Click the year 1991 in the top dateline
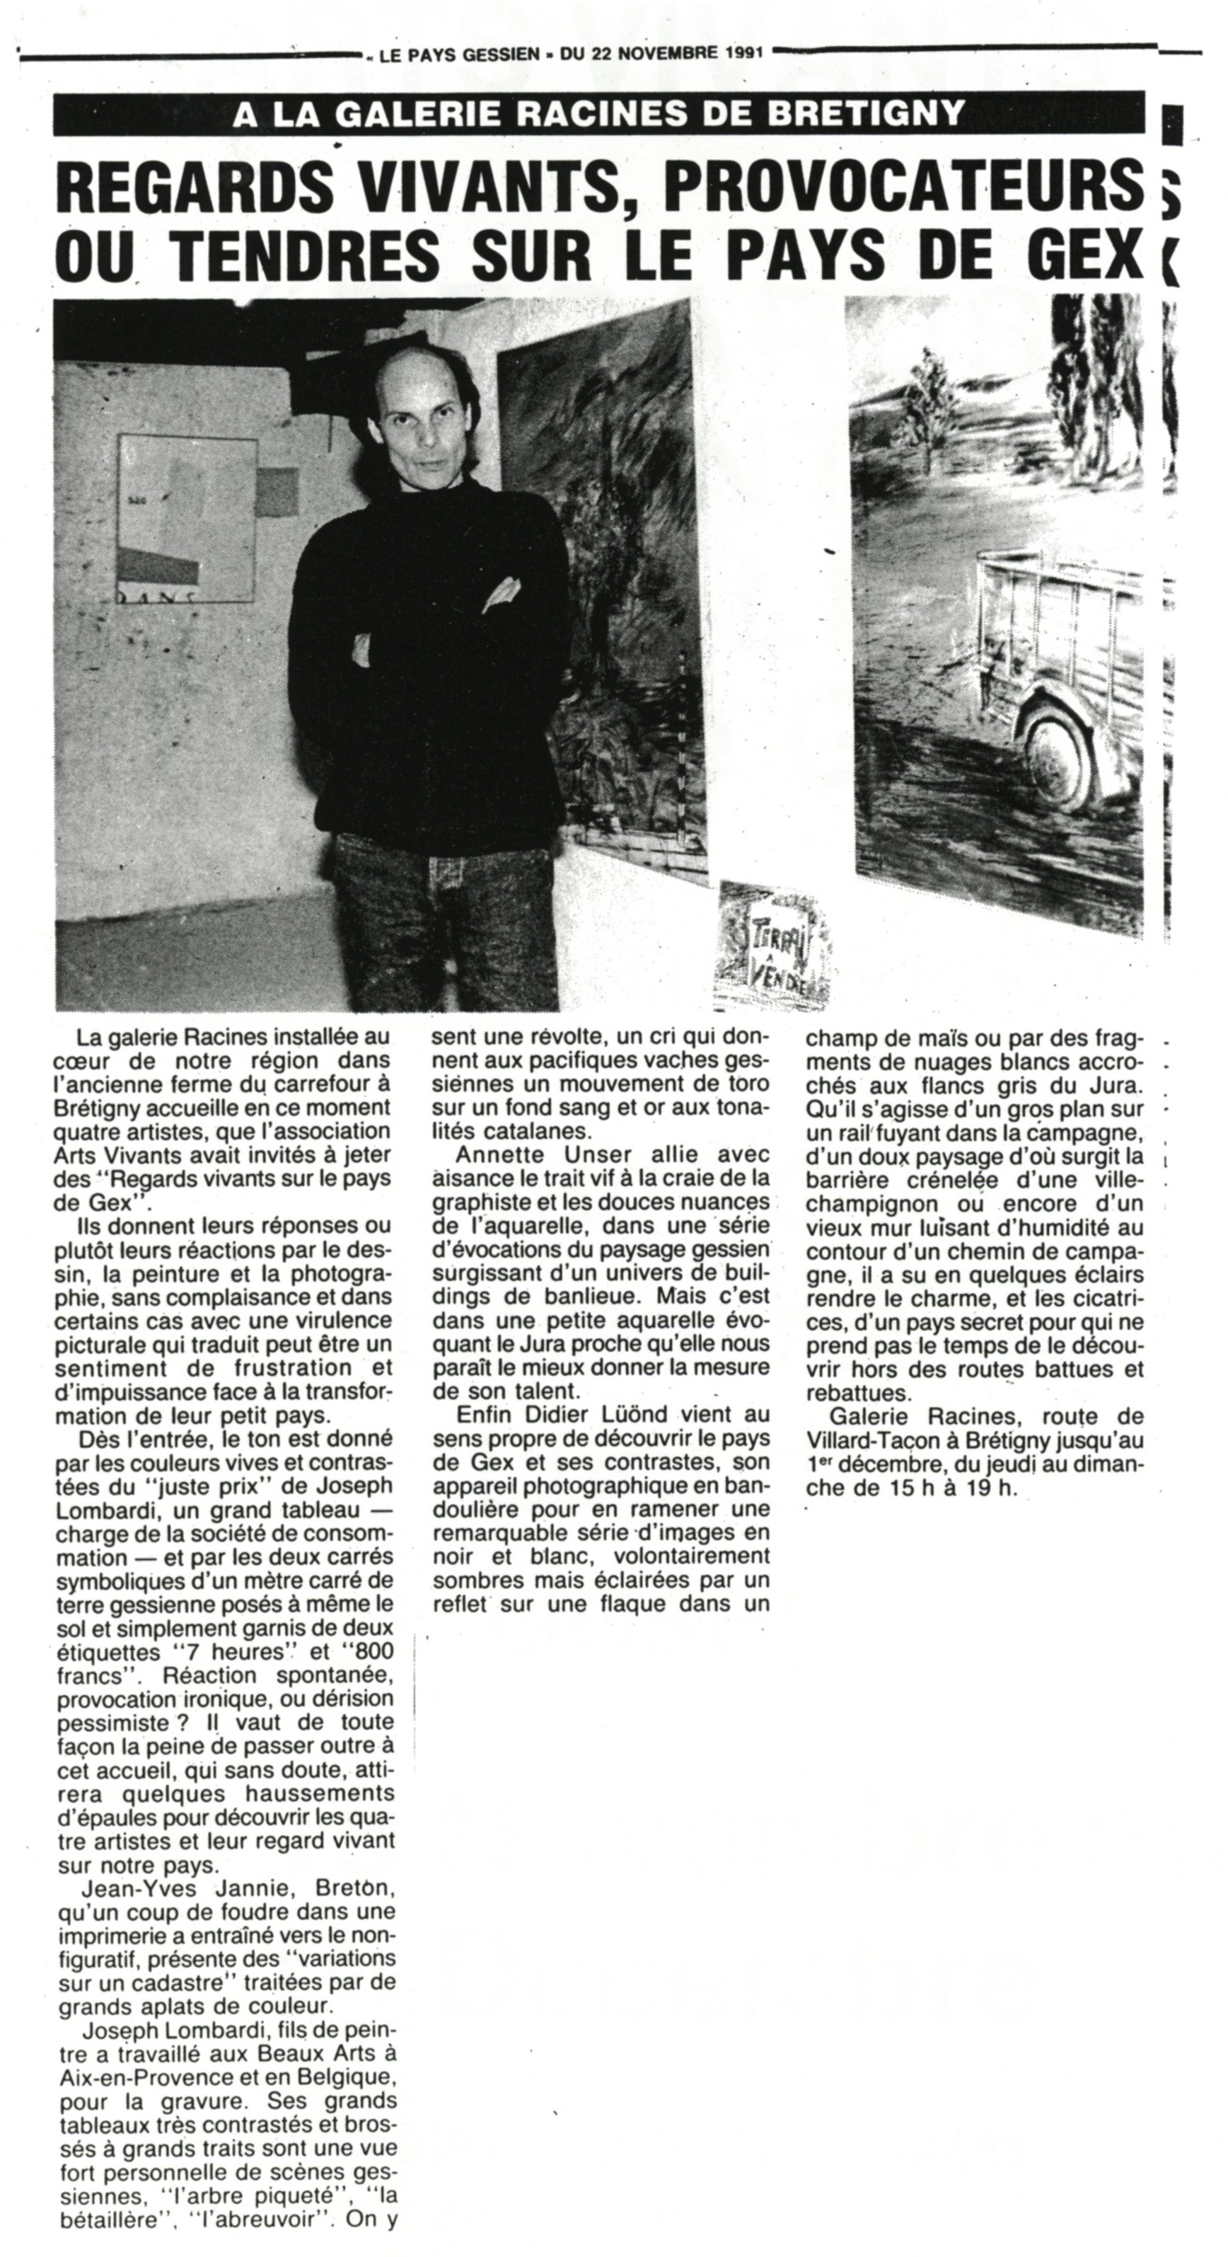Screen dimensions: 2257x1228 (743, 52)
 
